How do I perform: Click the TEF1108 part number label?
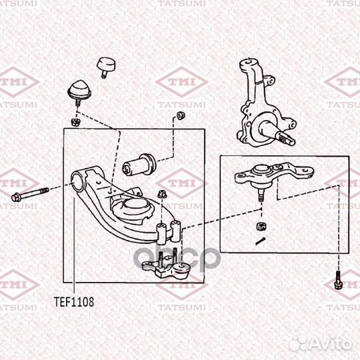coord(74,301)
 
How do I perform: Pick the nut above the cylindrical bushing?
coord(180,118)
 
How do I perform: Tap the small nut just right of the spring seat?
coord(161,193)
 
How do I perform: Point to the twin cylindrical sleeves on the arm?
coord(169,231)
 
